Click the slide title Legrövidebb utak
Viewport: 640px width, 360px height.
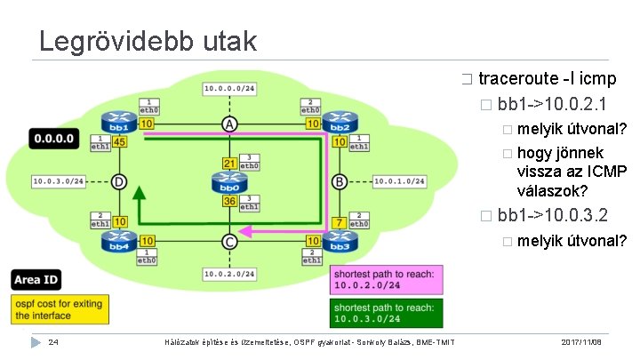[x=148, y=41]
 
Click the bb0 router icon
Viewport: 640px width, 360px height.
[x=229, y=183]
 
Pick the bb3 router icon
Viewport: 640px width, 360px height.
[x=339, y=240]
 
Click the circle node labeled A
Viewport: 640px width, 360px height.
[x=229, y=124]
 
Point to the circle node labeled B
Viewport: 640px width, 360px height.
[x=339, y=182]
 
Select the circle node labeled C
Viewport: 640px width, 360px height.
[x=229, y=241]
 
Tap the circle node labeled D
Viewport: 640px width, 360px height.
[x=119, y=182]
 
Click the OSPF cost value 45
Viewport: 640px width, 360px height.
[x=120, y=140]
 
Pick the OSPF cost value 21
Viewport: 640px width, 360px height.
[x=229, y=164]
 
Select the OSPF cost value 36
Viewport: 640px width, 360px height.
[x=229, y=202]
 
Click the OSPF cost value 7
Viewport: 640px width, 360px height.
[x=339, y=220]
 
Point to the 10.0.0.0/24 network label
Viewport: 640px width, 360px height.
[x=229, y=88]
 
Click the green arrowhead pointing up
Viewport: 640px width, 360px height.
[x=139, y=194]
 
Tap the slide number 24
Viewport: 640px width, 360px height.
[x=53, y=342]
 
